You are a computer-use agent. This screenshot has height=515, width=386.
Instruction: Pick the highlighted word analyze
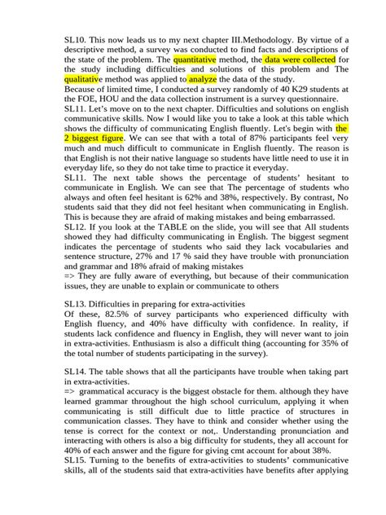pos(203,80)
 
